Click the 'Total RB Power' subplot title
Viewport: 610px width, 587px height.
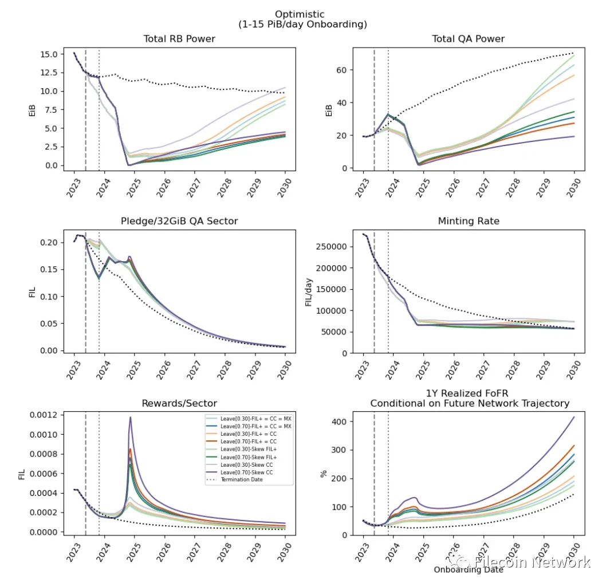point(179,39)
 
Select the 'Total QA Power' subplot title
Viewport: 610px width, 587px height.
point(468,39)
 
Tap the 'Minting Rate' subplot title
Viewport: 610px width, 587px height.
point(468,221)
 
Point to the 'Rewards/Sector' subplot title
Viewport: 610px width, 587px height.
point(179,403)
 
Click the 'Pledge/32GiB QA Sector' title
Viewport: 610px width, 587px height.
point(179,221)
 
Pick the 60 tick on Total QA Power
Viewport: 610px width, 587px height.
point(341,70)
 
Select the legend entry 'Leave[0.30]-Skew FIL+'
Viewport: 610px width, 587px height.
point(249,451)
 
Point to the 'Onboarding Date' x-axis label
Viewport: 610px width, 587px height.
point(468,569)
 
